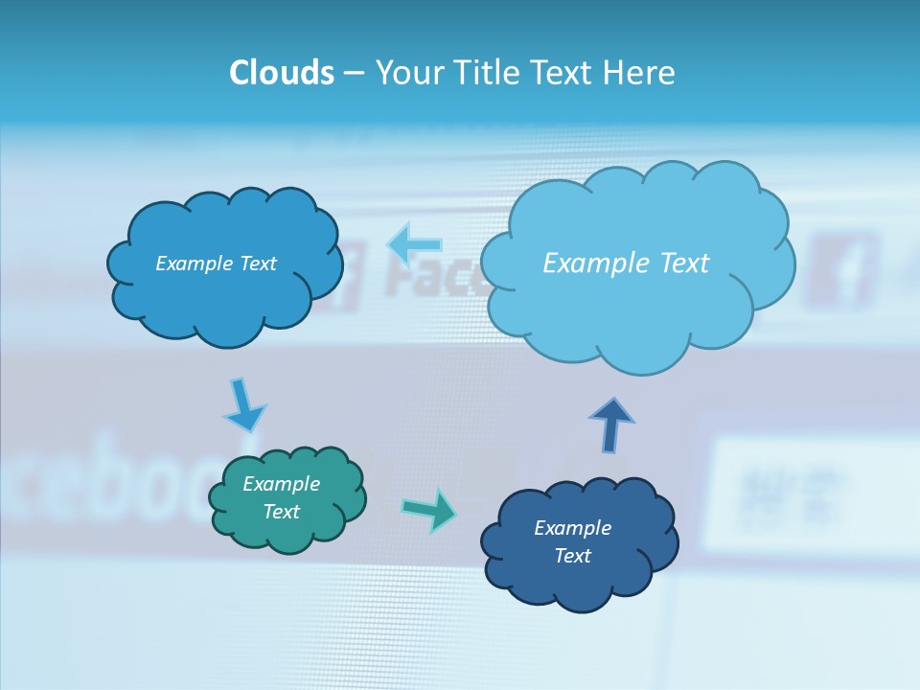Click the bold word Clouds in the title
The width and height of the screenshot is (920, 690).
coord(282,73)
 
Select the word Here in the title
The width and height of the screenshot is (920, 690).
coord(640,73)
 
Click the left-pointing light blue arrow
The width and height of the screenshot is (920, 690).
coord(415,244)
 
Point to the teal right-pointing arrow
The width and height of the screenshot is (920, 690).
coord(428,509)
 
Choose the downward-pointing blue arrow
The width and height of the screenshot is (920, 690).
coord(243,406)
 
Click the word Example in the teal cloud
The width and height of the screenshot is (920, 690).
coord(282,484)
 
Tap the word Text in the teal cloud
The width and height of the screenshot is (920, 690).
coord(282,512)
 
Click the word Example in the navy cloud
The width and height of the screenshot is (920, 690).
coord(573,528)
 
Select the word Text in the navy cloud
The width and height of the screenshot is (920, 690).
coord(573,556)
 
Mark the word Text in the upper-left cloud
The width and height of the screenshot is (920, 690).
coord(258,264)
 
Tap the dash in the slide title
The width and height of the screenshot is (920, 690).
coord(354,74)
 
